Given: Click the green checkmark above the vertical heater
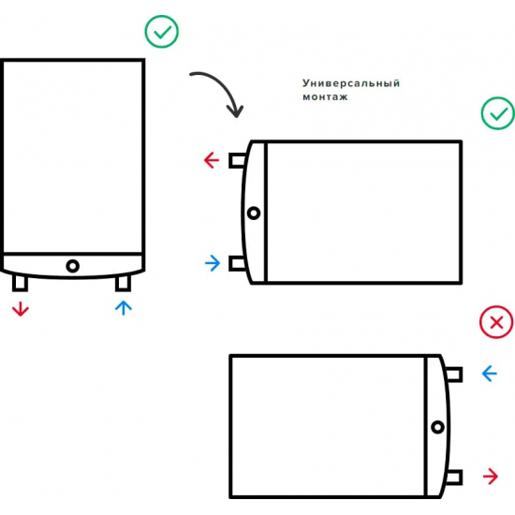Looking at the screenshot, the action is point(162,32).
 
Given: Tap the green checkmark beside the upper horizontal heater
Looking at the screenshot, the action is point(498,113).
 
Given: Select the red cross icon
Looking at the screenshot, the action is point(496,322).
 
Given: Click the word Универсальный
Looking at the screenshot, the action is point(351,83).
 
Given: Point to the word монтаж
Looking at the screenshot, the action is point(325,97).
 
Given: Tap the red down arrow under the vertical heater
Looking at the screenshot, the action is point(21,309).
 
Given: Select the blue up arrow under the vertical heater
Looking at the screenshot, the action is point(124,308).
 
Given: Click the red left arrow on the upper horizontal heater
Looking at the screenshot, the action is point(212,160).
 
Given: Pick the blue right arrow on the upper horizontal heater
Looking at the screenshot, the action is point(213,263).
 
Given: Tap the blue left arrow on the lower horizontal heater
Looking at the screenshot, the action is point(490,374).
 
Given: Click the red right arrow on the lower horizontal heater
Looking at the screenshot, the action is point(491,477).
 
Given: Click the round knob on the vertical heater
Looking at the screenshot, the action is point(73,266).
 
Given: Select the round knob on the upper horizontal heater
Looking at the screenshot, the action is point(254,213).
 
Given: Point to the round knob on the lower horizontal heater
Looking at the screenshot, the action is point(437,427).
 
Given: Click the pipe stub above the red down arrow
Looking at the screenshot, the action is point(20,283).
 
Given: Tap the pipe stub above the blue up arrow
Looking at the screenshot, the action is point(124,284).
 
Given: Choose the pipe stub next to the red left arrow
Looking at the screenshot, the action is point(237,161).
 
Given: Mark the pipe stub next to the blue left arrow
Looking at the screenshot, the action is point(454,375).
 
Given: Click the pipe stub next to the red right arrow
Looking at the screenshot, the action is point(454,478).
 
